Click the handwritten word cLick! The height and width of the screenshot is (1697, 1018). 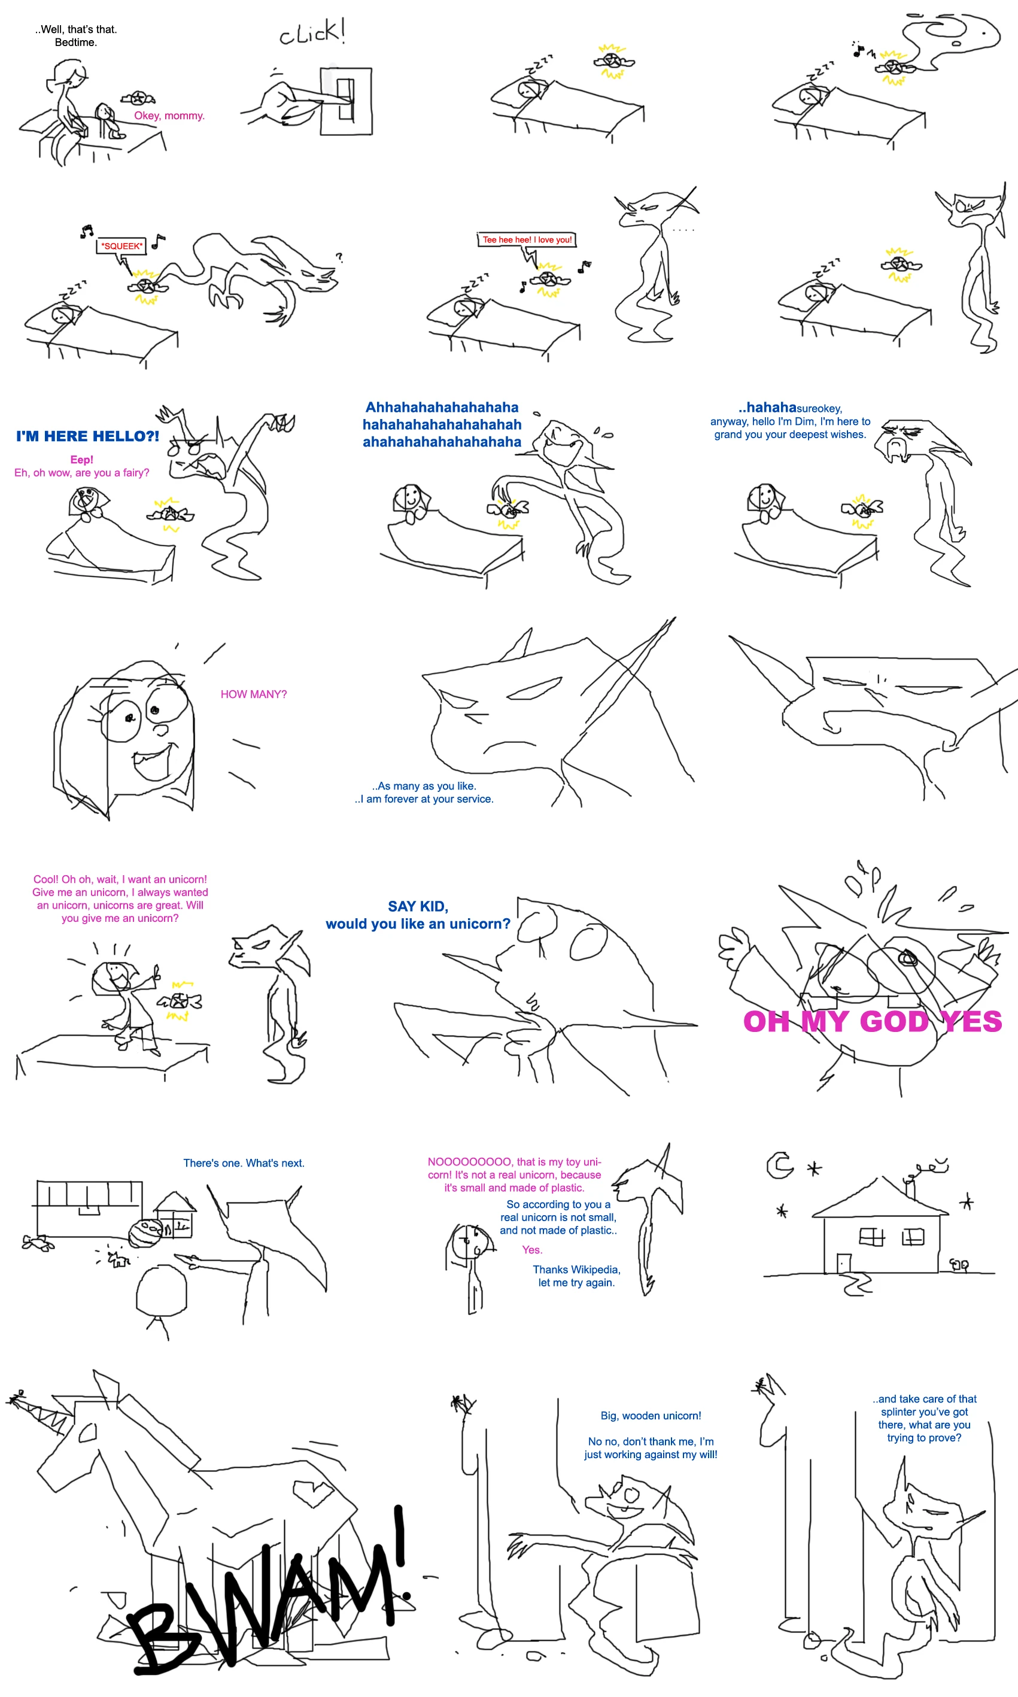pos(312,32)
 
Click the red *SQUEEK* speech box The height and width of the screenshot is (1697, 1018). pos(121,245)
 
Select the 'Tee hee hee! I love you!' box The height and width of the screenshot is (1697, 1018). pos(527,239)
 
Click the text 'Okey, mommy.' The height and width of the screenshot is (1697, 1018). pos(169,116)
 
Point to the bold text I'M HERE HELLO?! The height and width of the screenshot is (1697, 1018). pos(88,436)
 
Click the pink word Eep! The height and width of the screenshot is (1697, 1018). pos(81,460)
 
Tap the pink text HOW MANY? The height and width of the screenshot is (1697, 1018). pos(254,694)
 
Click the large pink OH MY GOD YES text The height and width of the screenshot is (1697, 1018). pos(873,1021)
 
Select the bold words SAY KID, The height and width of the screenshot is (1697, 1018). pos(418,906)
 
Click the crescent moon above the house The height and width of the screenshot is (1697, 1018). pos(779,1165)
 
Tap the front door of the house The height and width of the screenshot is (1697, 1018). pos(844,1264)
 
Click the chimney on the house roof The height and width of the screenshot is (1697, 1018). pos(911,1188)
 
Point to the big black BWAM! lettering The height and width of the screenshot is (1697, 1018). pos(271,1598)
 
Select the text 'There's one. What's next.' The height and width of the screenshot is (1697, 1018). pos(244,1162)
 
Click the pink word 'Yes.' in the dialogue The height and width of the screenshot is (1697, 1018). pos(532,1250)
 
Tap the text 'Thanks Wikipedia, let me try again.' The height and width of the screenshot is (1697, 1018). pos(576,1276)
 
